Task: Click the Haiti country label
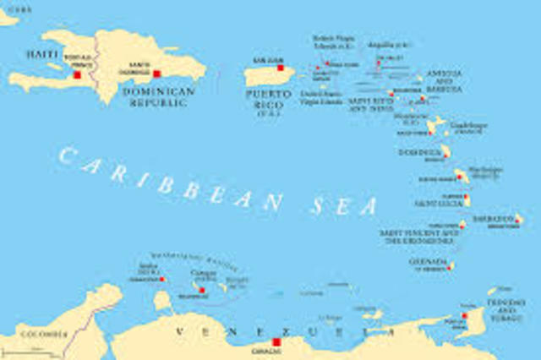pos(41,53)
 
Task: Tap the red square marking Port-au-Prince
pos(77,74)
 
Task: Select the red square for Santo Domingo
pos(156,74)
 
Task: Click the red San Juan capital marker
pos(280,68)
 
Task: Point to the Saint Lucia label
pos(437,203)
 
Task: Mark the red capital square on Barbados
pos(517,219)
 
